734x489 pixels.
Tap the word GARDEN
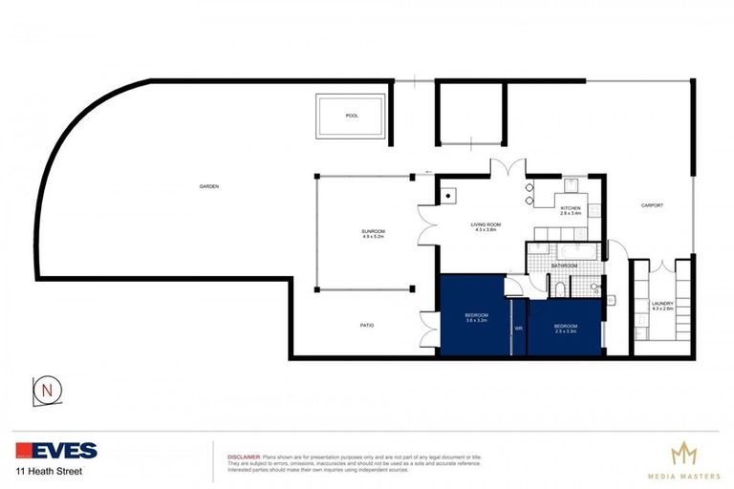tap(209, 186)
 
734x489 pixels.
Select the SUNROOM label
tap(373, 231)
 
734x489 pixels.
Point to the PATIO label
tap(367, 326)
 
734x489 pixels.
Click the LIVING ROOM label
tap(486, 225)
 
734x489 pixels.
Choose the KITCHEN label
tap(571, 208)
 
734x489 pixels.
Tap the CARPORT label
tap(652, 205)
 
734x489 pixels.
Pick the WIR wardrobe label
tap(518, 328)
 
